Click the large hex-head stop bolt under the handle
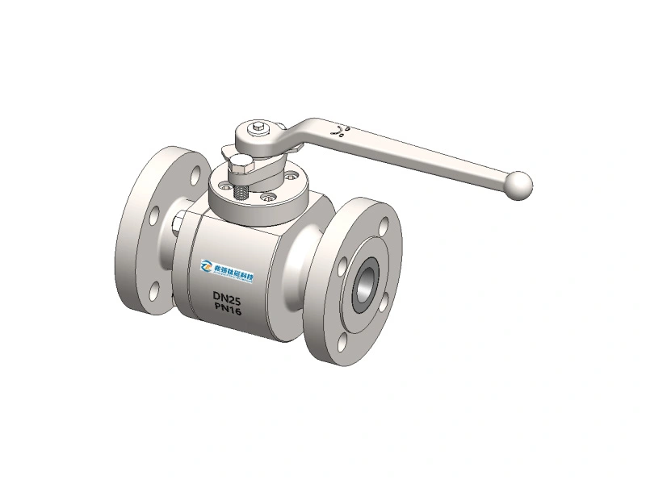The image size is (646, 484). click(241, 170)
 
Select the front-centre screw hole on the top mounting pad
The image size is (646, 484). click(262, 195)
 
